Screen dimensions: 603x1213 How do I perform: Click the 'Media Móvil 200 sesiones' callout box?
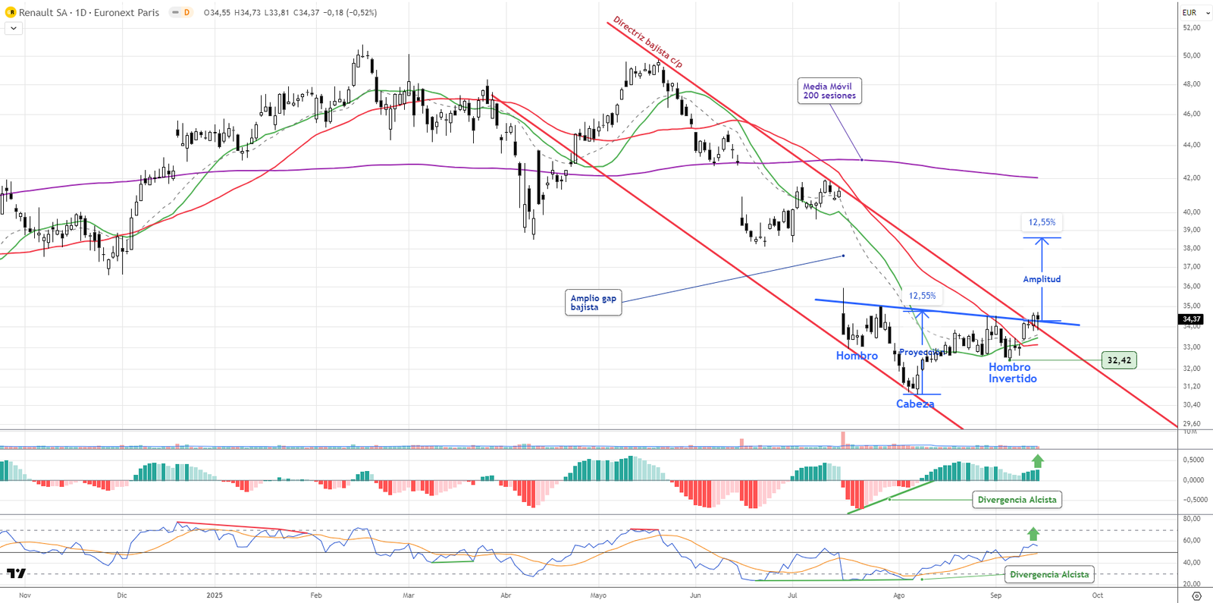coord(829,91)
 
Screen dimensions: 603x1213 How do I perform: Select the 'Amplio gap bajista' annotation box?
coord(594,303)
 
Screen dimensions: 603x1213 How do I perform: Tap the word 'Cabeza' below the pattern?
coord(915,404)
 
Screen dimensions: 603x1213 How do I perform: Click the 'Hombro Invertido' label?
coord(1012,372)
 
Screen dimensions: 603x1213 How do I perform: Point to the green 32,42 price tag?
coord(1118,360)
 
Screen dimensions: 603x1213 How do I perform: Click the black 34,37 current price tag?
coord(1191,319)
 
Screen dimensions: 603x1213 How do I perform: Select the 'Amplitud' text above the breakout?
coord(1042,279)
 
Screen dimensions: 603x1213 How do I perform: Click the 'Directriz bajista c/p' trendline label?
coord(647,42)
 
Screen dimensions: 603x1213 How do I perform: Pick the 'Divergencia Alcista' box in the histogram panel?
coord(1017,500)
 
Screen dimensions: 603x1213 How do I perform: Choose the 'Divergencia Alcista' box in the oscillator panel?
coord(1049,574)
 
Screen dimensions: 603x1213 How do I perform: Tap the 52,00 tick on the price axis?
coord(1191,27)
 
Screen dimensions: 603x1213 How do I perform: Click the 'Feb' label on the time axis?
coord(316,595)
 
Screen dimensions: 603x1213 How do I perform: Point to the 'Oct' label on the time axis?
coord(1097,595)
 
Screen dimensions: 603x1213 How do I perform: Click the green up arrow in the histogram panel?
coord(1037,460)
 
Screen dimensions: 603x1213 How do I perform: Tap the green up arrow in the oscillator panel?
coord(1033,533)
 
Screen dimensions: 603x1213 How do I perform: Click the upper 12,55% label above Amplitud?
coord(1042,222)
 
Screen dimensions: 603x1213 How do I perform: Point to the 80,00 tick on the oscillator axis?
coord(1191,519)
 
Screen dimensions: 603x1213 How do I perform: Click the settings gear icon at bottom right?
coord(1196,596)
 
